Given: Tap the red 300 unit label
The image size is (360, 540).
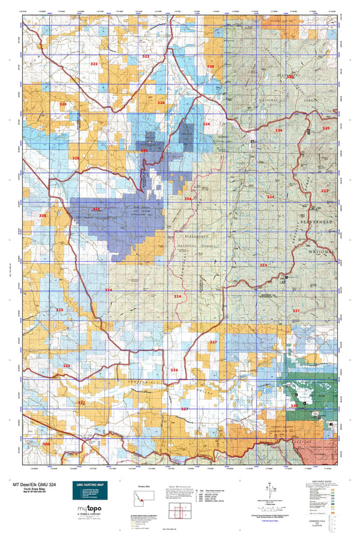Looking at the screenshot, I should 46,443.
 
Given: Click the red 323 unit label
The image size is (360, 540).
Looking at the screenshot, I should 325,191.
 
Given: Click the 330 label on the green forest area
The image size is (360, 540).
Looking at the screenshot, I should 290,77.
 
